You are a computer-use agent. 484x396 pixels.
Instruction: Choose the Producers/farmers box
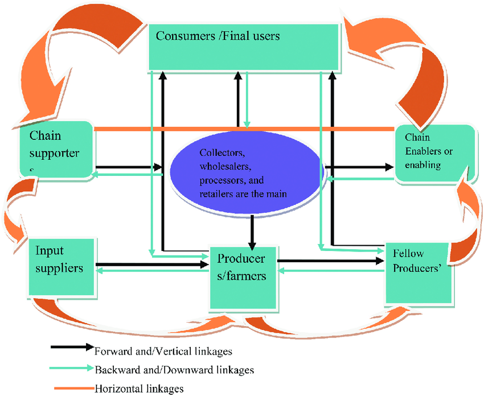241,277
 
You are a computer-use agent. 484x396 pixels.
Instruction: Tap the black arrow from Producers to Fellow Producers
330,261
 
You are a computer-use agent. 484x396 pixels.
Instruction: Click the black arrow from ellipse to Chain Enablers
359,167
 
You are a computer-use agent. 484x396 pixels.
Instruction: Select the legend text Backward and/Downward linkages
174,370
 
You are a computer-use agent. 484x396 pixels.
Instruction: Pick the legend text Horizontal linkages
139,389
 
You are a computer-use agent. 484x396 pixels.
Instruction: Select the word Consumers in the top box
182,36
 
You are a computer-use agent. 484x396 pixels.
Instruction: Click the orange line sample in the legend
71,388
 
